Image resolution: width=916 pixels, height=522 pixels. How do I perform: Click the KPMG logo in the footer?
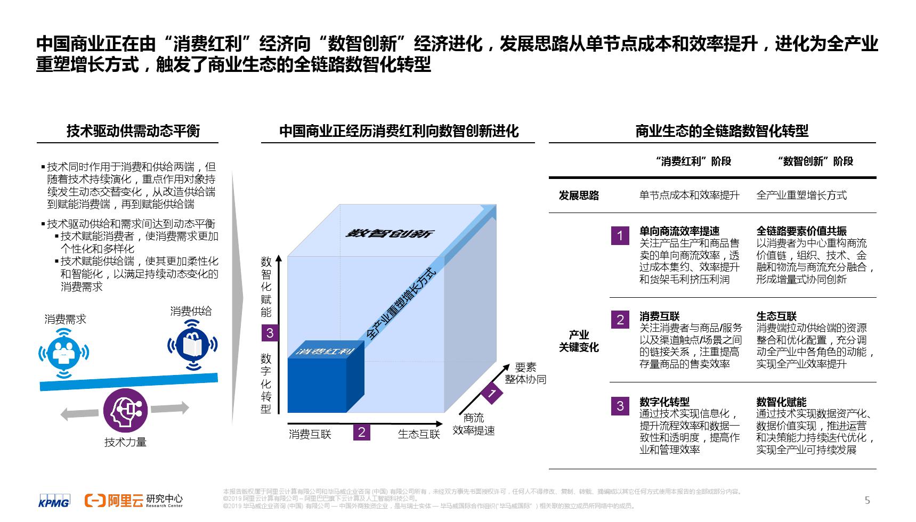click(x=54, y=502)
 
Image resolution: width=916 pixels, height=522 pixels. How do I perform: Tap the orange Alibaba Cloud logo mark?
click(x=95, y=501)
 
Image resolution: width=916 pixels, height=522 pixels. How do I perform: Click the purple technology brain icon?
click(x=125, y=410)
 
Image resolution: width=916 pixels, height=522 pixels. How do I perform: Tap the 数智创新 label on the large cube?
click(x=391, y=233)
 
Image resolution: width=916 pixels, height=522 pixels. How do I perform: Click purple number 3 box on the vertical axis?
click(x=270, y=333)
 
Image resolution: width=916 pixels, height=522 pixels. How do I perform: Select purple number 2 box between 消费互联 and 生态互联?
click(x=361, y=432)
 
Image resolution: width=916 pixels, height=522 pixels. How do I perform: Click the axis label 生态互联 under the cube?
click(x=419, y=434)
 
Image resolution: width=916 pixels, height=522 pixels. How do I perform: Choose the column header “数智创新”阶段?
click(x=815, y=161)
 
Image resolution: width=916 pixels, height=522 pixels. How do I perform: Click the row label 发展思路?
click(x=579, y=195)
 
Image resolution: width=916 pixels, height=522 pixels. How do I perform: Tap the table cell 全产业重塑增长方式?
click(x=801, y=195)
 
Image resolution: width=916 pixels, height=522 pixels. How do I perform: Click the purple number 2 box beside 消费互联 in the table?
click(x=620, y=320)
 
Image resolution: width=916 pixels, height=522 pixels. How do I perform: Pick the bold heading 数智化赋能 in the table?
click(x=781, y=402)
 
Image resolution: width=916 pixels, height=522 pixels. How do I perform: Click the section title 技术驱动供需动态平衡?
click(x=133, y=131)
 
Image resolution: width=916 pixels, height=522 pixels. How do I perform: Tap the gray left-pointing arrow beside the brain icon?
click(x=75, y=413)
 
